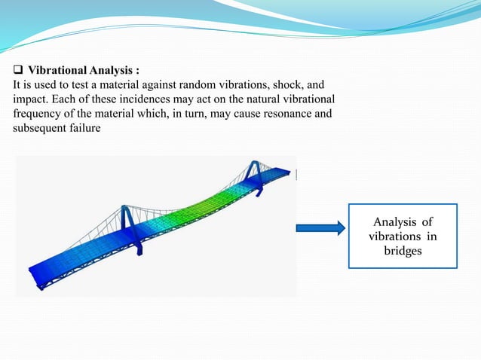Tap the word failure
click(100, 127)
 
